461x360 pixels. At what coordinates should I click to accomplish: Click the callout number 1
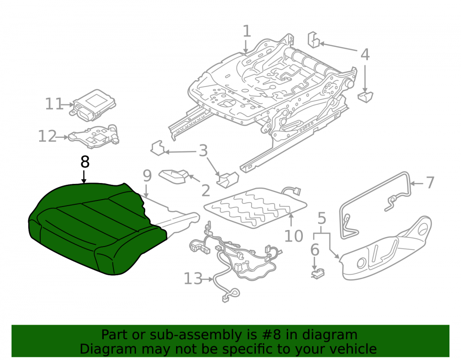tap(247, 31)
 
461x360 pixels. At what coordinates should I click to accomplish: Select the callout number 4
tap(365, 55)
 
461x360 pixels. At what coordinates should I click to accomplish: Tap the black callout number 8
tap(85, 162)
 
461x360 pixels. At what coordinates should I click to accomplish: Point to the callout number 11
tap(54, 104)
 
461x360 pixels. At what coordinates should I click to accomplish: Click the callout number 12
tap(47, 136)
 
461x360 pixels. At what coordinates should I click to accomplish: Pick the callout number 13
tap(193, 278)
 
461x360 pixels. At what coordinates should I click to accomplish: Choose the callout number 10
tap(294, 236)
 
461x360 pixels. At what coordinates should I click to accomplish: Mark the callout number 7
tap(430, 183)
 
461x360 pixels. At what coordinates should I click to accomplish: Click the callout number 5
tap(322, 218)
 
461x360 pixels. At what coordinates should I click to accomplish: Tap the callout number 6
tap(314, 250)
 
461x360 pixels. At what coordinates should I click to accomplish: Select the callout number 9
tap(147, 176)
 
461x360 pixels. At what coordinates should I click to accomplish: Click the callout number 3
tap(203, 151)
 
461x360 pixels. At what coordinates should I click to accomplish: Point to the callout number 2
tap(206, 191)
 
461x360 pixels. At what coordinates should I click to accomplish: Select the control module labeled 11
tap(93, 105)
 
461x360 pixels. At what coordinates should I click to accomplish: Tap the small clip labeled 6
tap(318, 274)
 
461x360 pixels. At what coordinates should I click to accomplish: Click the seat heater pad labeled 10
tap(255, 208)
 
